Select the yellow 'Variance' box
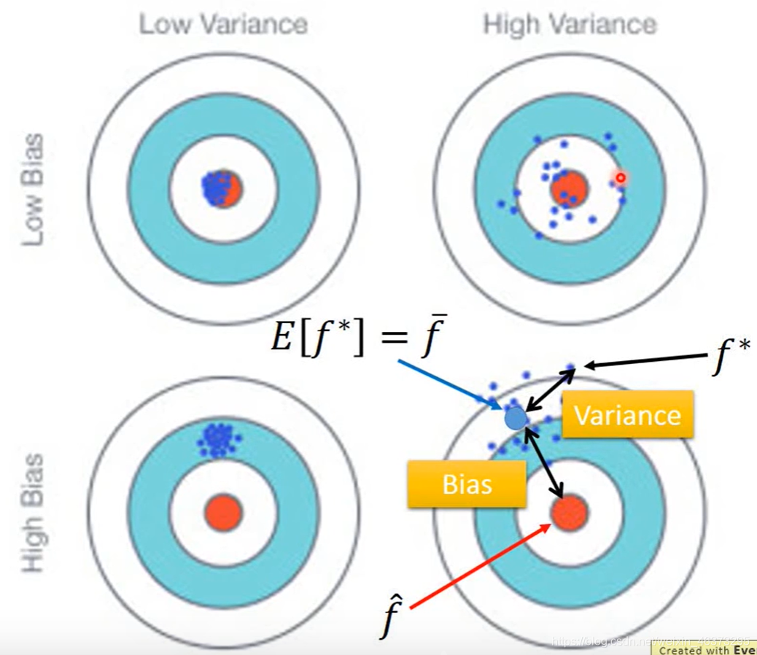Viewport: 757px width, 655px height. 627,416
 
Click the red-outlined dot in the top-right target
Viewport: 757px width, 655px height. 621,177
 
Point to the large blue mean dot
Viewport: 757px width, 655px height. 516,418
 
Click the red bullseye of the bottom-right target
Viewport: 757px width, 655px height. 569,512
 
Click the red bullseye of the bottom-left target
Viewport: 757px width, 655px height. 222,512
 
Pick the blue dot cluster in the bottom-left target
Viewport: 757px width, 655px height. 217,440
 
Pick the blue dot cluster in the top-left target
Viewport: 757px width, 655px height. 217,188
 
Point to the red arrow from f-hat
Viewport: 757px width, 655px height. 478,565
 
